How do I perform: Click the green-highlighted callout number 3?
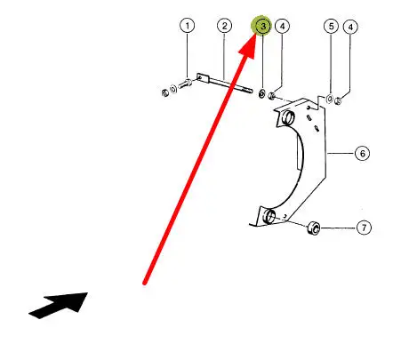[261, 26]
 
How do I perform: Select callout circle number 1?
[188, 26]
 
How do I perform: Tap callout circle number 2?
[224, 26]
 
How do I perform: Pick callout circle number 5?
[331, 27]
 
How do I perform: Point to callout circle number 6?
[362, 154]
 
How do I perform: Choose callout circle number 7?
[364, 228]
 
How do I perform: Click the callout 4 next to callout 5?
[350, 27]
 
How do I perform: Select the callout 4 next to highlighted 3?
[283, 27]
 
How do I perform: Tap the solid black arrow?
[60, 305]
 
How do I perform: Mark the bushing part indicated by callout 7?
[314, 228]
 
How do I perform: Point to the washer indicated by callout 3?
[262, 93]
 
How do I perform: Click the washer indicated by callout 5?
[330, 99]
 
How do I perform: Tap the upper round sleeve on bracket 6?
[287, 117]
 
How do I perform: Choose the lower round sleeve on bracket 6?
[269, 216]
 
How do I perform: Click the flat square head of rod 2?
[201, 77]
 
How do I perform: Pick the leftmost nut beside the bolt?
[165, 93]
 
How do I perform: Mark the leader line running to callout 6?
[341, 153]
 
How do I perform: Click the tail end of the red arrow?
[144, 284]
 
